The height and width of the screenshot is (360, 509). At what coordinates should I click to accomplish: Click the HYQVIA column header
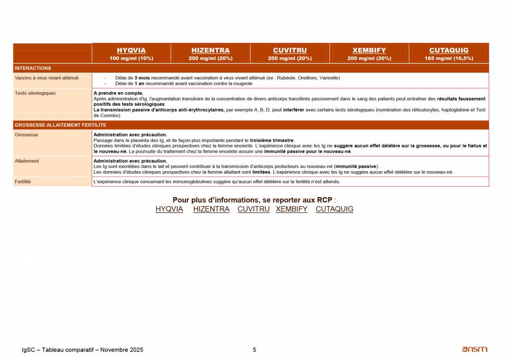[x=131, y=50]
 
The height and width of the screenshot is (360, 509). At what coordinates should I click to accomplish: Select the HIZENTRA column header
[x=210, y=50]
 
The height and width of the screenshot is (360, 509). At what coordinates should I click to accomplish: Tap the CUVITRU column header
[x=290, y=50]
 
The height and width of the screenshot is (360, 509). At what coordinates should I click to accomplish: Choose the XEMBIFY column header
[x=369, y=50]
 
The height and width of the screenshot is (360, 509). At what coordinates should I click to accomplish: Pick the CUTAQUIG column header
[x=448, y=50]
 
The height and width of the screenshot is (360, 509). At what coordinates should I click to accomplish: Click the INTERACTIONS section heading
[x=33, y=68]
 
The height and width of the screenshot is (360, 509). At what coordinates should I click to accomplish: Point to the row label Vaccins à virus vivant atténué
[x=47, y=78]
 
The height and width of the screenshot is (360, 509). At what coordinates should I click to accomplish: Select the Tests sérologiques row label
[x=35, y=93]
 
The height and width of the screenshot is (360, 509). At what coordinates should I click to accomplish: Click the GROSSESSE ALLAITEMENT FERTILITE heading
[x=61, y=125]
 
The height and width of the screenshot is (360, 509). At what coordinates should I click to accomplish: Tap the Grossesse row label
[x=26, y=135]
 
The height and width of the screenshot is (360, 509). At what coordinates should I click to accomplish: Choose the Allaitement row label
[x=27, y=161]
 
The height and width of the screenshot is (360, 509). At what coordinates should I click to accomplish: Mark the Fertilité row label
[x=23, y=181]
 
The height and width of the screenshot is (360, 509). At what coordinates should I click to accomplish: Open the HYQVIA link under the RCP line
[x=169, y=209]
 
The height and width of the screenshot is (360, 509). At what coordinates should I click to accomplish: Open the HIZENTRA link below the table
[x=211, y=209]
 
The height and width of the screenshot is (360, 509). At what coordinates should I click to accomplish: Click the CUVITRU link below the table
[x=253, y=209]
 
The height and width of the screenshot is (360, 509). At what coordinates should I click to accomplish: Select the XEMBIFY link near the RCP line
[x=292, y=209]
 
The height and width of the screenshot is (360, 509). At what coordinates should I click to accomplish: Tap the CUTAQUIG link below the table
[x=334, y=209]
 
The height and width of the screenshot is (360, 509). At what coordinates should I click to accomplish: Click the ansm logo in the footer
[x=474, y=349]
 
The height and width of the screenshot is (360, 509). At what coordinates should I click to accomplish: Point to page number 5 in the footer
[x=254, y=350]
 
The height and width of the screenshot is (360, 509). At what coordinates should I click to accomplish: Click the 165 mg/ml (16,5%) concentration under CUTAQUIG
[x=448, y=59]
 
